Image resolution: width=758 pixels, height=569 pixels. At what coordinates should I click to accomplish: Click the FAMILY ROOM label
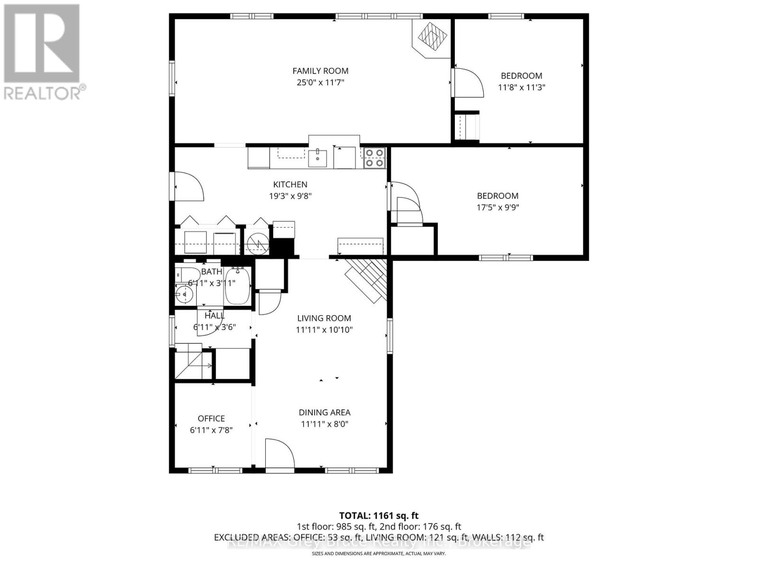[x=320, y=71]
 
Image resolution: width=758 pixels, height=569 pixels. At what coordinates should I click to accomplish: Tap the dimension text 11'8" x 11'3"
[x=521, y=87]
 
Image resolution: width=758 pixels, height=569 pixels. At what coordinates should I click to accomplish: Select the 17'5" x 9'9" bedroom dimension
[x=497, y=207]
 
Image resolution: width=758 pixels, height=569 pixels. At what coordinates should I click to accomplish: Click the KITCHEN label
[x=290, y=184]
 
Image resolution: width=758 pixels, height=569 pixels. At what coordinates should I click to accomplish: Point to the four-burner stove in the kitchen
[x=374, y=158]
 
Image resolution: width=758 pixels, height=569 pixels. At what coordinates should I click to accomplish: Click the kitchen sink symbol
[x=317, y=158]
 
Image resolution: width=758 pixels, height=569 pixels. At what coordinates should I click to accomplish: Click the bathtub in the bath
[x=237, y=286]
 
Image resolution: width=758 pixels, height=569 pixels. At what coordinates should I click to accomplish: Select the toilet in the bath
[x=187, y=275]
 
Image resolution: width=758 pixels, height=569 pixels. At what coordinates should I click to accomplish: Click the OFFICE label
[x=211, y=418]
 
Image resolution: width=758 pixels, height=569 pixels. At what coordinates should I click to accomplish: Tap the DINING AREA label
[x=325, y=413]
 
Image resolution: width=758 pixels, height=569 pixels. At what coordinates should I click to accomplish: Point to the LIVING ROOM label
[x=324, y=318]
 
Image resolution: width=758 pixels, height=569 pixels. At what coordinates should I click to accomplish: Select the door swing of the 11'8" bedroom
[x=468, y=83]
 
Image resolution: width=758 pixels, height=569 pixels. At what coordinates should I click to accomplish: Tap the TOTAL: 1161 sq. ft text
[x=379, y=515]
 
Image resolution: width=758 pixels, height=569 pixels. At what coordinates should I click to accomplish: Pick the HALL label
[x=215, y=315]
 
